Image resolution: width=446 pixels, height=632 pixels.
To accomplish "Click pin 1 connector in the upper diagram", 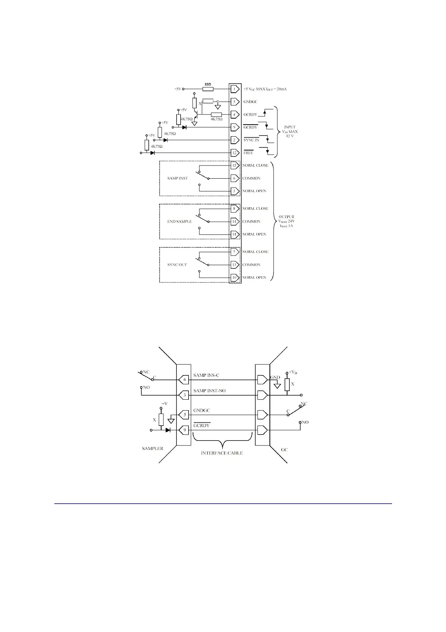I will click(x=235, y=89).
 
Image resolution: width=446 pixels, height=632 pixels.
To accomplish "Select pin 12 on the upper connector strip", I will click(x=235, y=153).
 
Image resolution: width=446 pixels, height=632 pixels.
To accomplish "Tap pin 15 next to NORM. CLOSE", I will click(x=235, y=166).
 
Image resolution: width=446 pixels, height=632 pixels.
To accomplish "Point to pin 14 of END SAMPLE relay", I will click(x=235, y=221).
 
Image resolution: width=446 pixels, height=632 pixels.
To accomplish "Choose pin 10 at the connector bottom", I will click(x=235, y=278).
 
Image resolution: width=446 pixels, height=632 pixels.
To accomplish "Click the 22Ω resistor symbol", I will click(x=208, y=89).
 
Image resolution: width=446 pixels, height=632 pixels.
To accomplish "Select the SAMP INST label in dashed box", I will click(x=177, y=178).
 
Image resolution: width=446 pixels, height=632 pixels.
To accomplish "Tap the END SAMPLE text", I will click(x=179, y=221).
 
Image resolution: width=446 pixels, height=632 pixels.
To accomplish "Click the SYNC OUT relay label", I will click(x=177, y=265).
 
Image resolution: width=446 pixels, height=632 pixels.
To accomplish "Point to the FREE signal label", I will click(x=248, y=153).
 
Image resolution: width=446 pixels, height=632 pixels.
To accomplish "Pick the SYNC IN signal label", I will click(x=251, y=140).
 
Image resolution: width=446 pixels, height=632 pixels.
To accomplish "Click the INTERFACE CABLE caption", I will click(x=222, y=453).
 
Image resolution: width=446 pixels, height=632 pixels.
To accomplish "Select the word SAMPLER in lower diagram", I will click(x=152, y=448).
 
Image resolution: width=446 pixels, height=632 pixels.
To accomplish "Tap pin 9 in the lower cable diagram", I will click(x=184, y=430).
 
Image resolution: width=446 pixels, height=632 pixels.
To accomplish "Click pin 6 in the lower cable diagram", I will click(x=184, y=380).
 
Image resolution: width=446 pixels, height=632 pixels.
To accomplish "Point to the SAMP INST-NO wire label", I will click(x=209, y=391).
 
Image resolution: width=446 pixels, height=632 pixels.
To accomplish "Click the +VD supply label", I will click(x=293, y=372).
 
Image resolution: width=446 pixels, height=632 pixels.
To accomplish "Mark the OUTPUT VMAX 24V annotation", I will click(x=286, y=221).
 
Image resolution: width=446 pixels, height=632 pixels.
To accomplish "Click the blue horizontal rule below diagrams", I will click(x=223, y=503).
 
